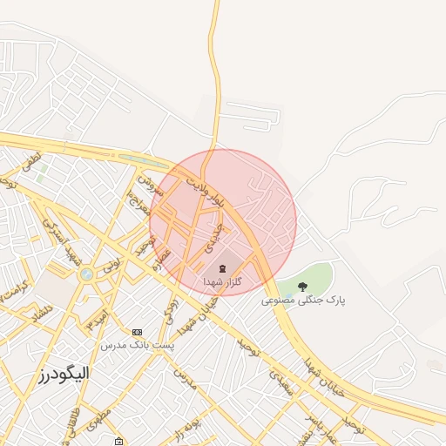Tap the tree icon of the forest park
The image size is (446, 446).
302,286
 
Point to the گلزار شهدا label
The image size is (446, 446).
221,282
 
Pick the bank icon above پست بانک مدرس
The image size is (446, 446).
137,333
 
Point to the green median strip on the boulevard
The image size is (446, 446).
144,161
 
